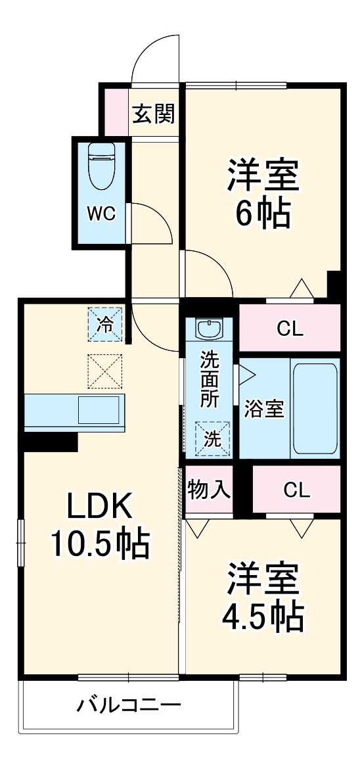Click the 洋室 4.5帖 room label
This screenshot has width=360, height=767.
pyautogui.click(x=263, y=596)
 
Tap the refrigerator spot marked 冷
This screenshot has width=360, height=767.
pyautogui.click(x=105, y=323)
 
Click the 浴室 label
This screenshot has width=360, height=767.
pyautogui.click(x=264, y=408)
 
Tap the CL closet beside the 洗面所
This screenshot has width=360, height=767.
pyautogui.click(x=290, y=329)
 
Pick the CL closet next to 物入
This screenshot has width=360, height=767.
pyautogui.click(x=296, y=490)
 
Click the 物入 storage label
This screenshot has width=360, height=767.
pyautogui.click(x=209, y=489)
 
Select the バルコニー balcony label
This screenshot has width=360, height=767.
pyautogui.click(x=129, y=707)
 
